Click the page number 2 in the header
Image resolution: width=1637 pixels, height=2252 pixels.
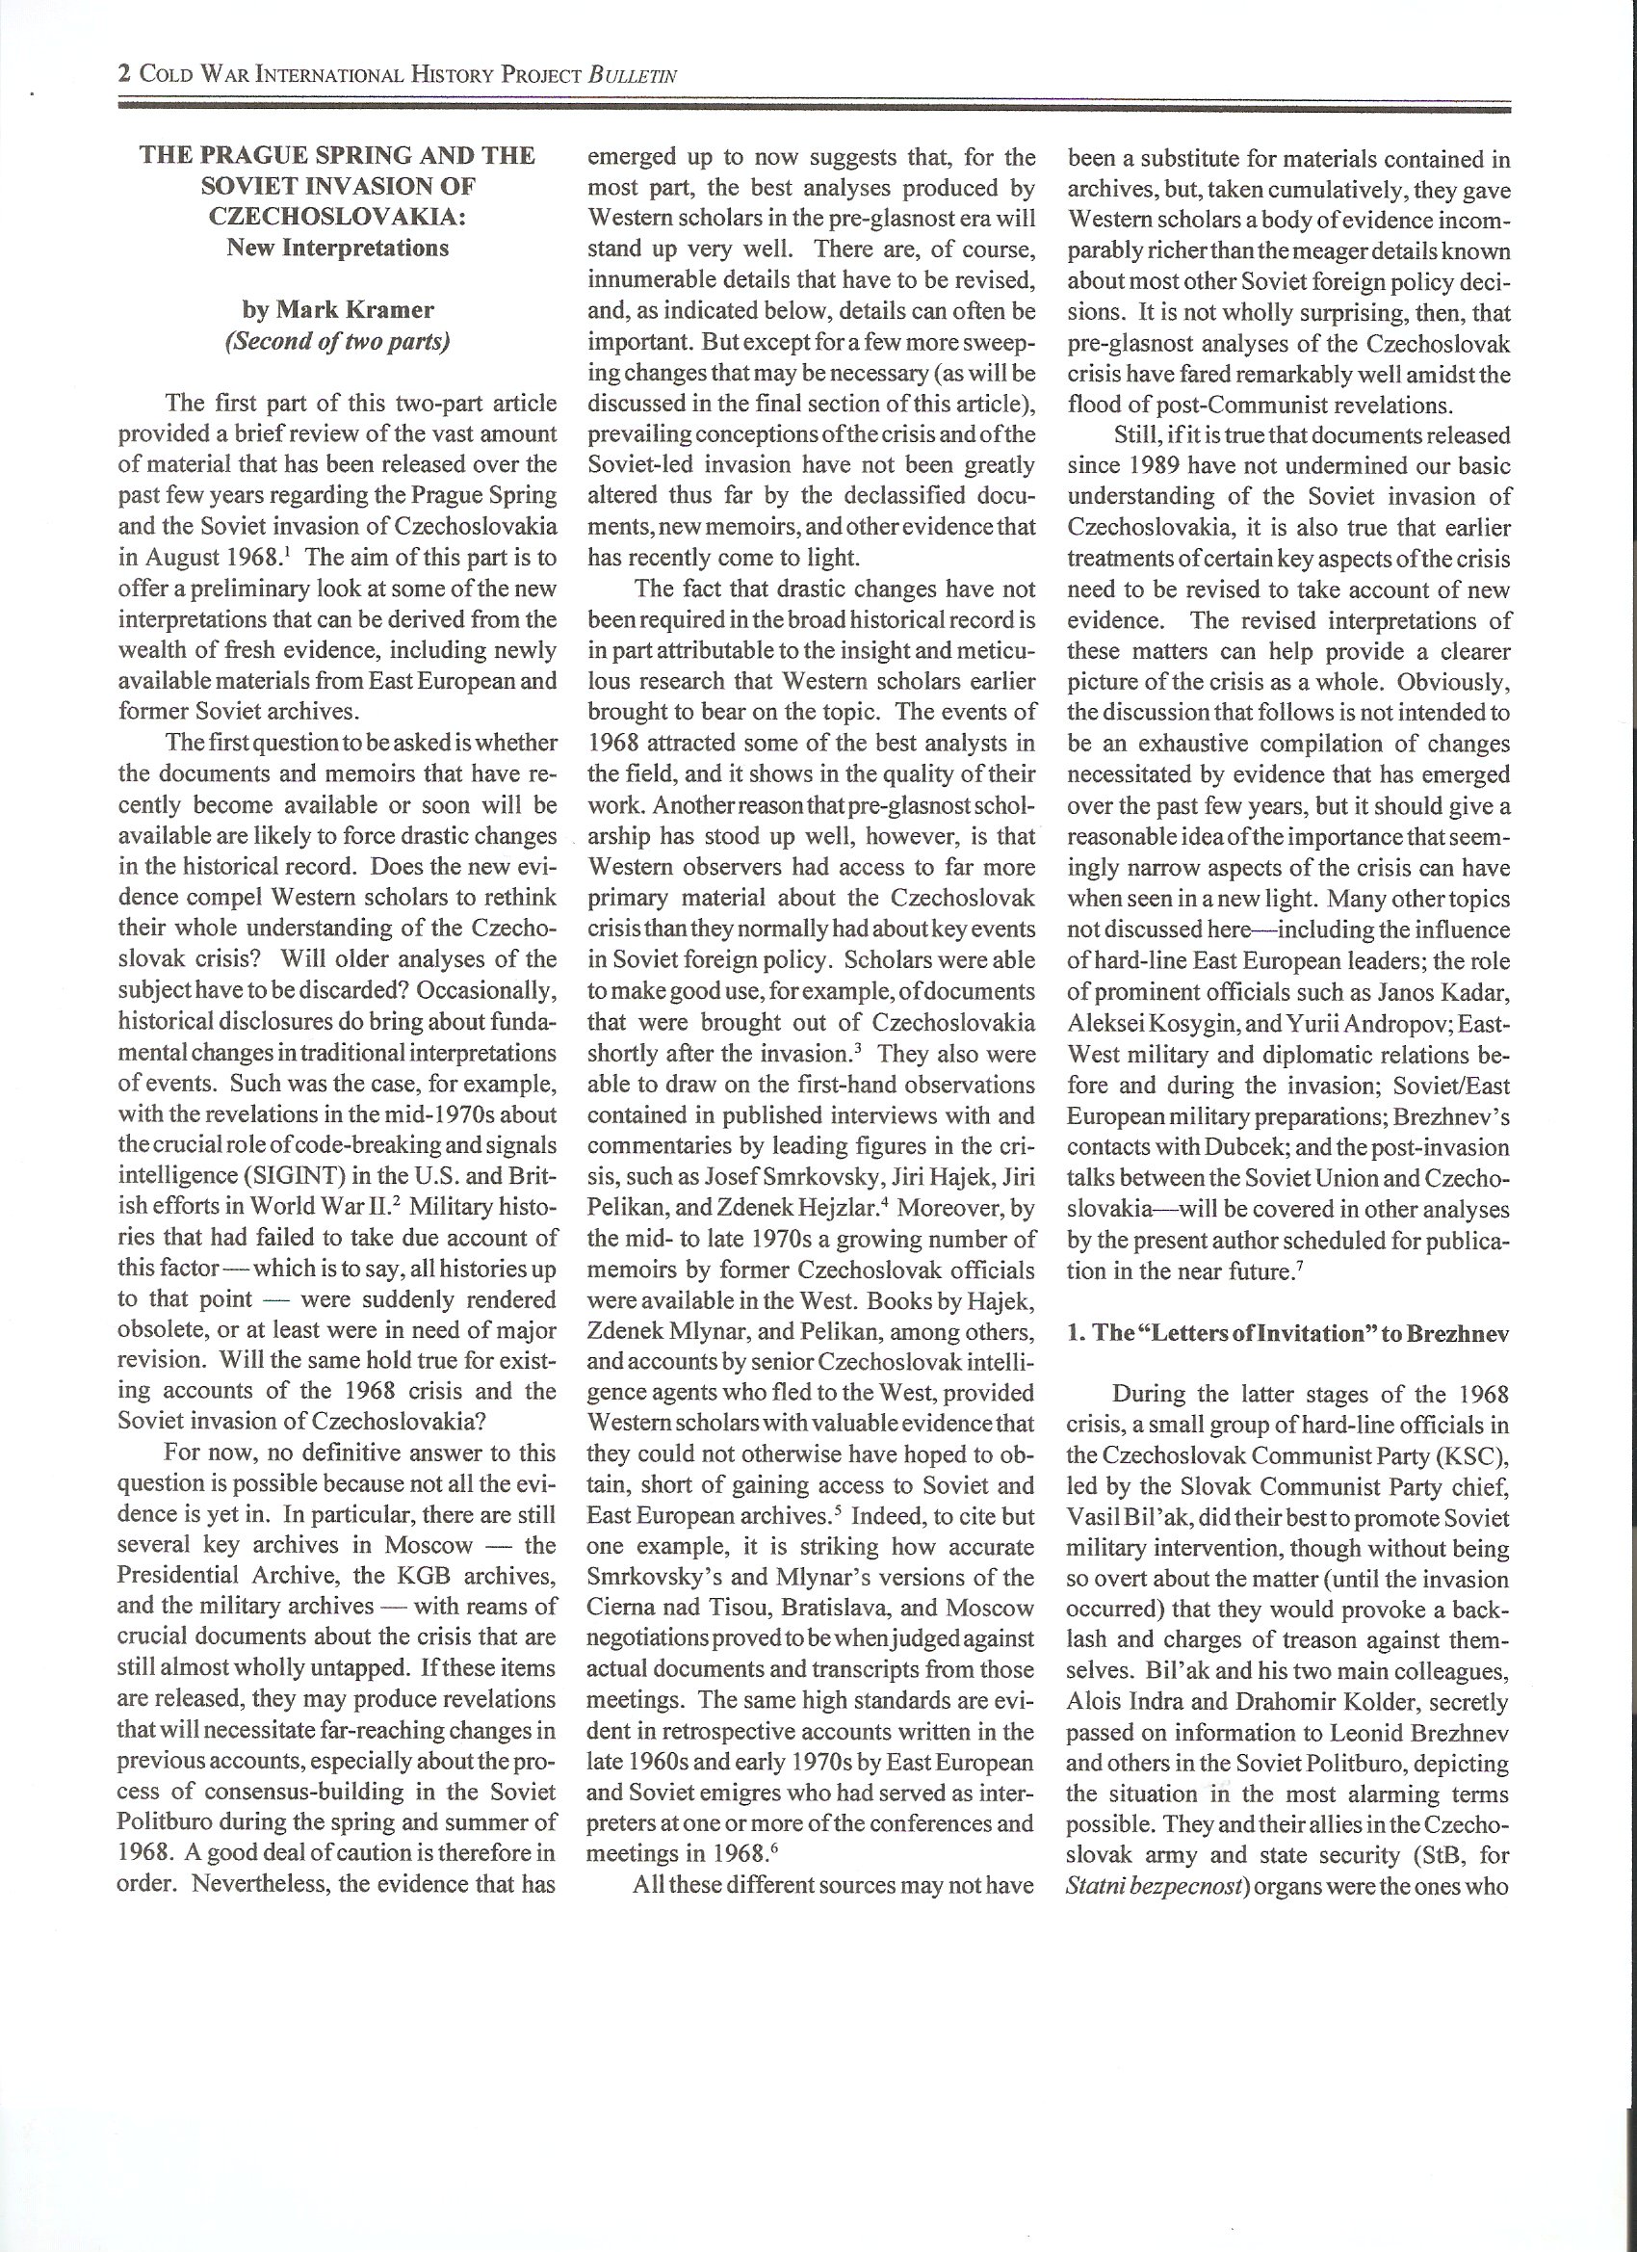coord(124,73)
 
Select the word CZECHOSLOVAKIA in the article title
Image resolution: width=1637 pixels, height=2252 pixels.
coord(338,217)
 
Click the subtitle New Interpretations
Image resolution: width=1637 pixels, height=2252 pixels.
coord(338,248)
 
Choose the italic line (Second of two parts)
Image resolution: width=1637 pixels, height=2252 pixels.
coord(338,341)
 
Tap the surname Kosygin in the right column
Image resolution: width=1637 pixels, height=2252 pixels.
coord(1178,1024)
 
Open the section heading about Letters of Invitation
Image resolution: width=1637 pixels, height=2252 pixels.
coord(1287,1332)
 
